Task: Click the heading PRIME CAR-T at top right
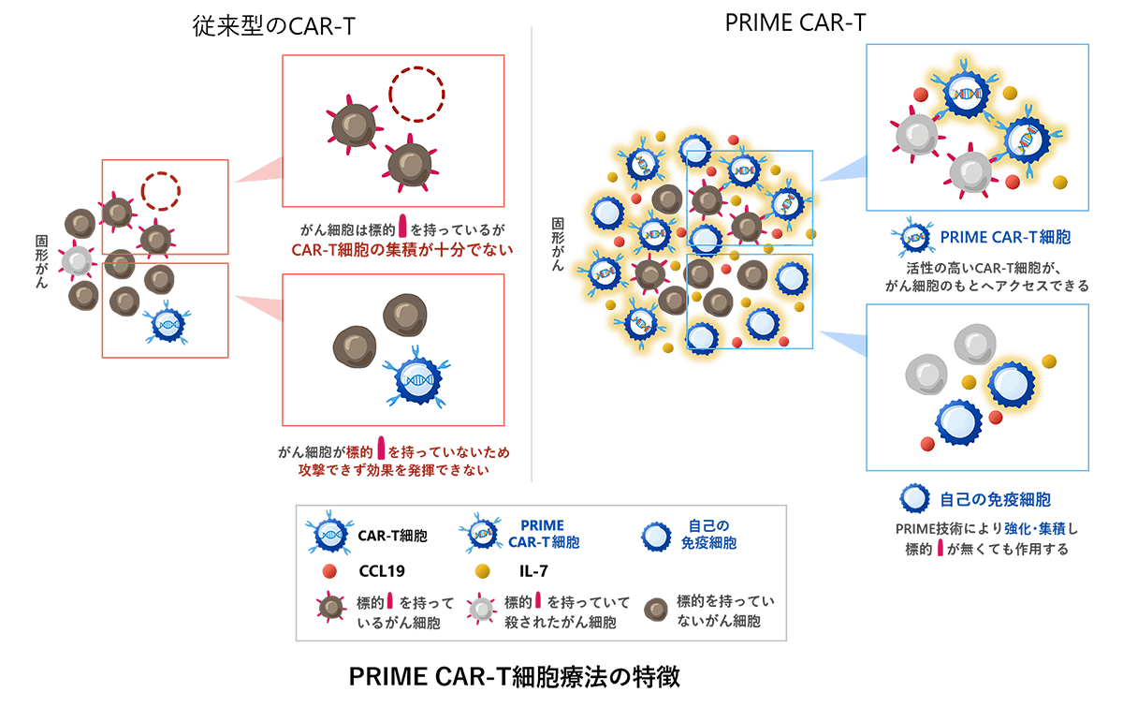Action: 795,23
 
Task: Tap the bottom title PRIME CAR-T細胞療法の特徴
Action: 514,676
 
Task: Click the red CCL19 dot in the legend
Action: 328,569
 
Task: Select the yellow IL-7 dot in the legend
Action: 483,569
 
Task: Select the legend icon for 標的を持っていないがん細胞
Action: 656,609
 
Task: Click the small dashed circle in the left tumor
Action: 160,190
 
